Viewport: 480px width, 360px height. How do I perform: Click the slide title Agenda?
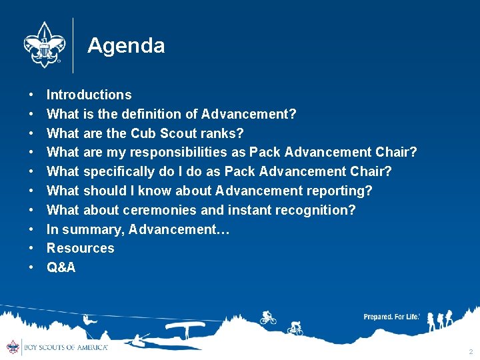click(x=126, y=45)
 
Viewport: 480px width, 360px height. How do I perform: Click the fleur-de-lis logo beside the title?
click(x=43, y=44)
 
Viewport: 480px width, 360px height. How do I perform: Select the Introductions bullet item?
click(x=89, y=95)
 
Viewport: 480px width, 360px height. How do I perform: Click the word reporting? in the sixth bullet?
click(x=339, y=191)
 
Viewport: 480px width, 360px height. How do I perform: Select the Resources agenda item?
click(x=80, y=248)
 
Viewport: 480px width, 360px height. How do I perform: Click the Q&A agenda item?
click(x=61, y=267)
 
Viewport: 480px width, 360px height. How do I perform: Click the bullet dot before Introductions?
click(x=31, y=95)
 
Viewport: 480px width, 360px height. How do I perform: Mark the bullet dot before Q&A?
click(x=31, y=268)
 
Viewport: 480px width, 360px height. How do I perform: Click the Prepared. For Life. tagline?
click(x=391, y=317)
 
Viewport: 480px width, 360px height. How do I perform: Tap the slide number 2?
click(x=471, y=351)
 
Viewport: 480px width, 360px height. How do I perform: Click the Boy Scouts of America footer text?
click(x=65, y=347)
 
